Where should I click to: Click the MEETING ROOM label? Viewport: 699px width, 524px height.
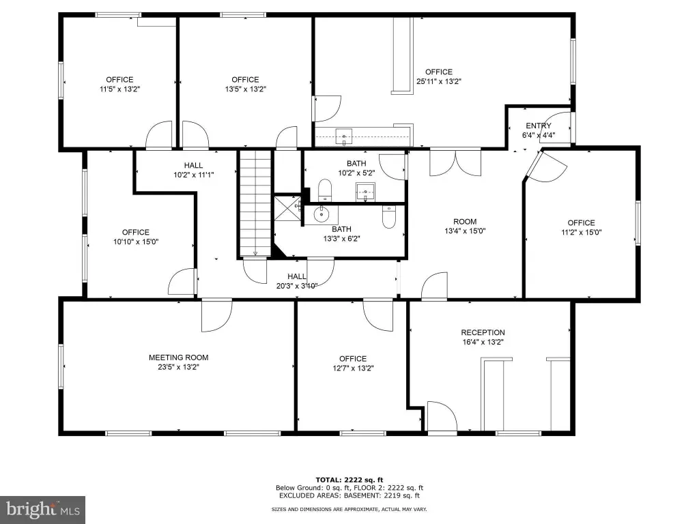[x=178, y=358]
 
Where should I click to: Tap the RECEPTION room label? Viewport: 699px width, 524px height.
[x=483, y=332]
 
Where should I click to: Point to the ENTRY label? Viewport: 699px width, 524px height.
[x=539, y=126]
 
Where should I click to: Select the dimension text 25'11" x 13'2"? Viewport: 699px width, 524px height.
[x=439, y=82]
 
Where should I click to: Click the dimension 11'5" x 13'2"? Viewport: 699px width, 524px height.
[x=120, y=89]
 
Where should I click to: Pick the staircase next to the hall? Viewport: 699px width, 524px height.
[x=255, y=203]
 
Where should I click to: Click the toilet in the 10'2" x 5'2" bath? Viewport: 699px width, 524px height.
[x=326, y=190]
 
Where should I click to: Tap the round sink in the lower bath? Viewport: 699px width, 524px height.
[x=321, y=215]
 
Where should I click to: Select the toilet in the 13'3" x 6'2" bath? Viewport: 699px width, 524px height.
[x=388, y=216]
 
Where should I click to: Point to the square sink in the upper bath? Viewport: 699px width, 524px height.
[x=366, y=192]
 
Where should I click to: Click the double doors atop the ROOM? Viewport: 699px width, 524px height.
[x=455, y=162]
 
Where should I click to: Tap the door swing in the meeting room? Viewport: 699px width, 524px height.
[x=216, y=316]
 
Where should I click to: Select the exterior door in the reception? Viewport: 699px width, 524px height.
[x=442, y=417]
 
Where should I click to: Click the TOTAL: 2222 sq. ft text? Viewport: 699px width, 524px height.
[x=349, y=480]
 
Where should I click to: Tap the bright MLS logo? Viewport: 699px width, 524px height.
[x=43, y=510]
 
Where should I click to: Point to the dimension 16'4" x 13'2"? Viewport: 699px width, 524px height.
[x=483, y=343]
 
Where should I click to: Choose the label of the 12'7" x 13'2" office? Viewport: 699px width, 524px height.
[x=353, y=359]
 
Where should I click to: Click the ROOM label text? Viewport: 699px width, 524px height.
[x=465, y=222]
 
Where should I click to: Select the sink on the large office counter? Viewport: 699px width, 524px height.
[x=344, y=136]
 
